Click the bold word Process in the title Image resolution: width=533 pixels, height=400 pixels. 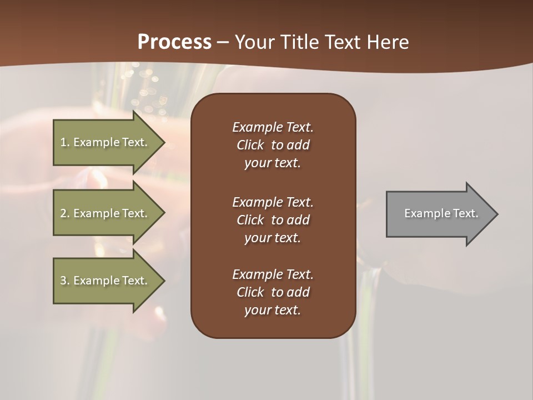pos(174,42)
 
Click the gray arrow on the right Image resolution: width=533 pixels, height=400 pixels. pos(439,214)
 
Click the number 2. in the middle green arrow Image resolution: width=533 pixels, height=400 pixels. pos(65,213)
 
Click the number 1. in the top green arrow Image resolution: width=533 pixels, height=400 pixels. pos(65,142)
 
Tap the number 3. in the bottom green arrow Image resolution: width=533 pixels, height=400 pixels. pos(65,281)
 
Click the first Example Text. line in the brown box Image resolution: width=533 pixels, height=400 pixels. pos(273,127)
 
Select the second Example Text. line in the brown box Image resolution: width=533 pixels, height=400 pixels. pos(273,202)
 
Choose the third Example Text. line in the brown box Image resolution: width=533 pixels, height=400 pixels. pos(273,274)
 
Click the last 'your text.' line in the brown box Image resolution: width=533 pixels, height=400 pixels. pos(273,310)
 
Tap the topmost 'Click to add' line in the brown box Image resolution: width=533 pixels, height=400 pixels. pos(273,145)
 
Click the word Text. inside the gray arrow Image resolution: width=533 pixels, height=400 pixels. pos(466,213)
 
